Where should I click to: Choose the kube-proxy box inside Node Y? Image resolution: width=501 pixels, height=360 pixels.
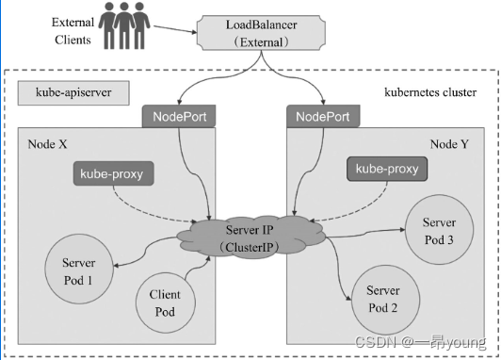point(386,170)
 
